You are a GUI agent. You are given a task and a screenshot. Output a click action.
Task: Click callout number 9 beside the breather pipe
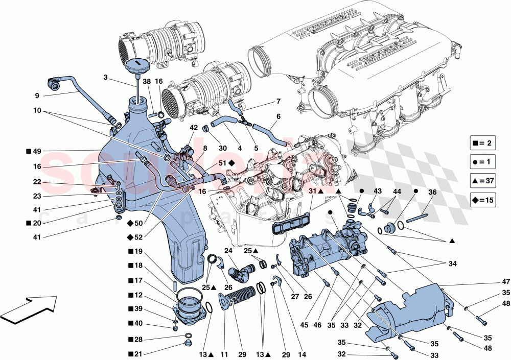[x=37, y=95]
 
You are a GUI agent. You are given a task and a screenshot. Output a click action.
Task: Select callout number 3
[x=105, y=78]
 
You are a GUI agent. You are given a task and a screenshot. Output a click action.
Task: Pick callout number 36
[x=432, y=193]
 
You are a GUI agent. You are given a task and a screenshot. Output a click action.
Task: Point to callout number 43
[x=377, y=191]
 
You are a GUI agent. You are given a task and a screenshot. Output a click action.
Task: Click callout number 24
[x=228, y=251]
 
